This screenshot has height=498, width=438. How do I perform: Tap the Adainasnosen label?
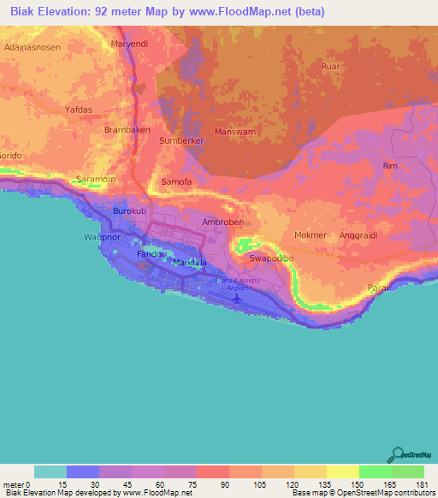tap(32, 49)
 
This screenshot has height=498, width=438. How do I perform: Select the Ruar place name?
tap(330, 66)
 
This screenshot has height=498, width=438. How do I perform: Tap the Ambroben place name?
tap(222, 221)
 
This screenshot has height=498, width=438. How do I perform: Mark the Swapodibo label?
tap(271, 258)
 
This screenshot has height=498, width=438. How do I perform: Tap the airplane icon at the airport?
tap(237, 299)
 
